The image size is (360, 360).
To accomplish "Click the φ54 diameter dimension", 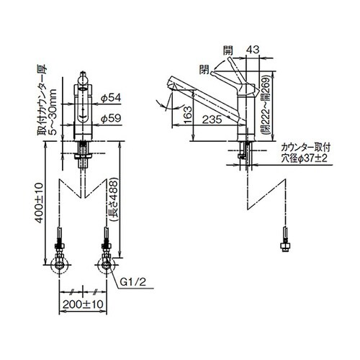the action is pyautogui.click(x=111, y=98).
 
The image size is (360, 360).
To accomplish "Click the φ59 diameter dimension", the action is pyautogui.click(x=111, y=118).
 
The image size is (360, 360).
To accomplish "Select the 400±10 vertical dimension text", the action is pyautogui.click(x=39, y=203).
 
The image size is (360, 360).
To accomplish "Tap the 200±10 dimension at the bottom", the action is pyautogui.click(x=83, y=305).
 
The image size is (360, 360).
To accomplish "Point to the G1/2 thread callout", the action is pyautogui.click(x=132, y=282).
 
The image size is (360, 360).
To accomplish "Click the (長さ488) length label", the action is pyautogui.click(x=113, y=199).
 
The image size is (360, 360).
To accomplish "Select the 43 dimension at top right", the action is pyautogui.click(x=253, y=50).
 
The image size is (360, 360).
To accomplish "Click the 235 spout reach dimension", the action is pyautogui.click(x=212, y=120).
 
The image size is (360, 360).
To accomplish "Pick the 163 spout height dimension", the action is pyautogui.click(x=188, y=114).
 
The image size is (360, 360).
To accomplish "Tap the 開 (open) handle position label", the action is pyautogui.click(x=228, y=50).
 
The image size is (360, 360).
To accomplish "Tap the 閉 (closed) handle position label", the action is pyautogui.click(x=204, y=69).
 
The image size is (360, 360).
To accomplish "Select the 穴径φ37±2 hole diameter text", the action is pyautogui.click(x=305, y=158).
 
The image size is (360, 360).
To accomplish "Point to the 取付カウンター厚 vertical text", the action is pyautogui.click(x=41, y=100).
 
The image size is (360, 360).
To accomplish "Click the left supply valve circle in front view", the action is pyautogui.click(x=59, y=265).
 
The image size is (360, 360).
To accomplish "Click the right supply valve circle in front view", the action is pyautogui.click(x=106, y=265).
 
